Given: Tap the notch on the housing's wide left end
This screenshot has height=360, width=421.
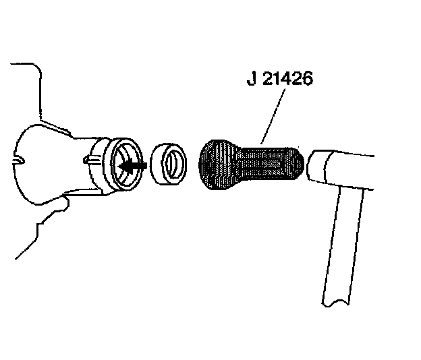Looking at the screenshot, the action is tap(22, 161).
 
